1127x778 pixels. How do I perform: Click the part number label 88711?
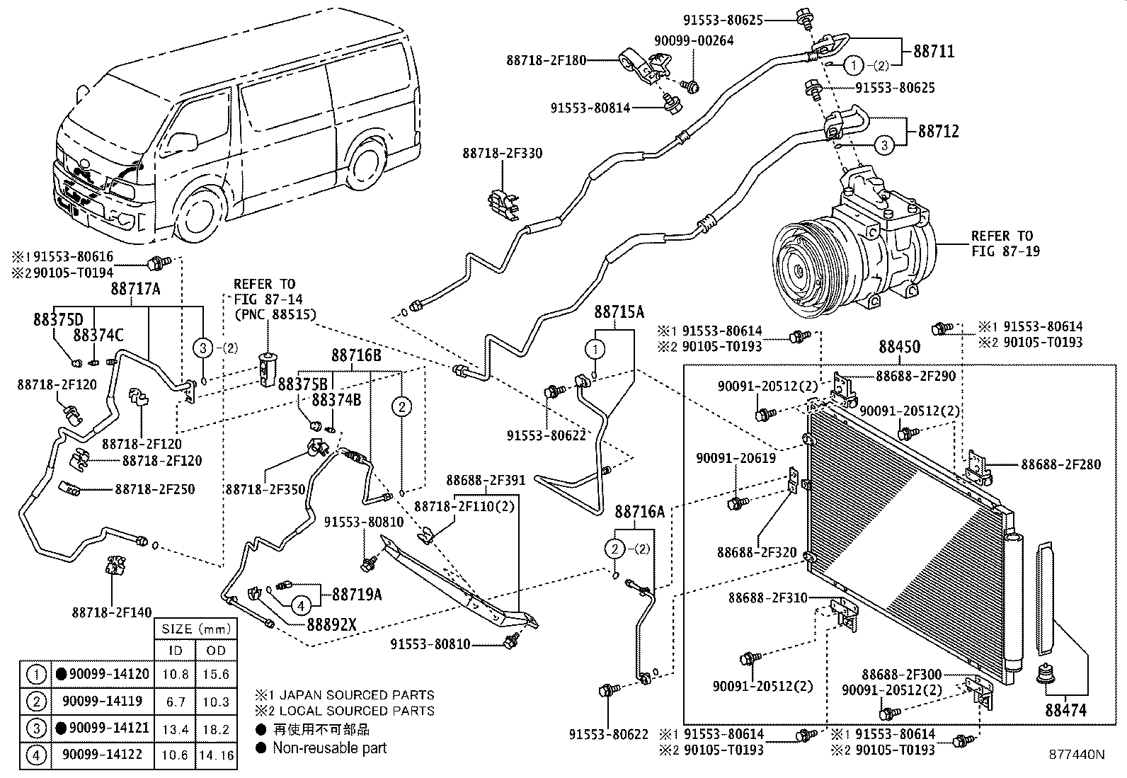[933, 51]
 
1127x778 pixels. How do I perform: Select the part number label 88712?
[939, 131]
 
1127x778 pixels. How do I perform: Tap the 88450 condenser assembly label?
[900, 347]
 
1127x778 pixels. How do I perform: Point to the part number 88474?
[1065, 709]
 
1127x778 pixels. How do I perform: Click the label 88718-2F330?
[503, 153]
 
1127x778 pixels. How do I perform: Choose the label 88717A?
[136, 288]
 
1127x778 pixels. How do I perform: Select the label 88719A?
[357, 595]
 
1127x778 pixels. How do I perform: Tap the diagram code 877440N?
[1076, 755]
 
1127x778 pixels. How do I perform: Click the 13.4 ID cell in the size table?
[175, 729]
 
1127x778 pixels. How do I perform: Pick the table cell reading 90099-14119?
[102, 702]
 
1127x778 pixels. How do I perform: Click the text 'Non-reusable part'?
[330, 748]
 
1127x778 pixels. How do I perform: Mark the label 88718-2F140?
[112, 613]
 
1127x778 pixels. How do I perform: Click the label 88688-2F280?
[1060, 464]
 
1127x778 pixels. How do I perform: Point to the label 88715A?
[619, 312]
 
